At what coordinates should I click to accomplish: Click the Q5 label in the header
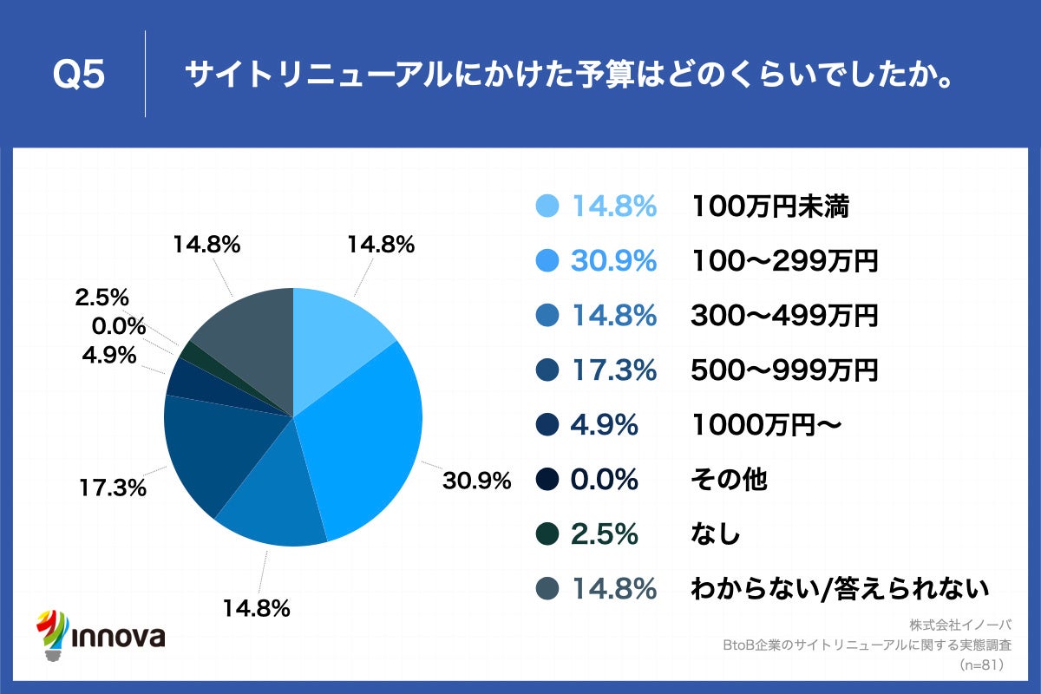tap(79, 75)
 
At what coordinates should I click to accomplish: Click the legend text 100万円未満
tap(769, 206)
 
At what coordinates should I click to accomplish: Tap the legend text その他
tap(729, 479)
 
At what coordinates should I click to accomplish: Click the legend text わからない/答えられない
tap(839, 589)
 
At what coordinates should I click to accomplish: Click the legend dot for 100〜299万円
tap(547, 261)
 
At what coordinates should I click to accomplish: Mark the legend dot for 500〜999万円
tap(547, 370)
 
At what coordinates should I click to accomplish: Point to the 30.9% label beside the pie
tap(476, 480)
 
